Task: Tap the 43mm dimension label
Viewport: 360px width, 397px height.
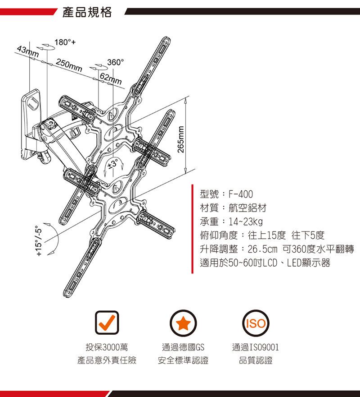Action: [x=27, y=51]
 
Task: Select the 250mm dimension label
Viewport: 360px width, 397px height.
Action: [x=69, y=66]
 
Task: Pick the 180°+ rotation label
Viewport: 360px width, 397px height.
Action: [x=64, y=43]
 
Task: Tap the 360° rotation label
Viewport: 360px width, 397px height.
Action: [x=116, y=62]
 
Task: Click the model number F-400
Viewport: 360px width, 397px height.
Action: [x=240, y=194]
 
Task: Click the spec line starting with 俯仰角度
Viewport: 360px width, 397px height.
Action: [x=261, y=235]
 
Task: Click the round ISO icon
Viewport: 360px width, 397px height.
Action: [x=255, y=322]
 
